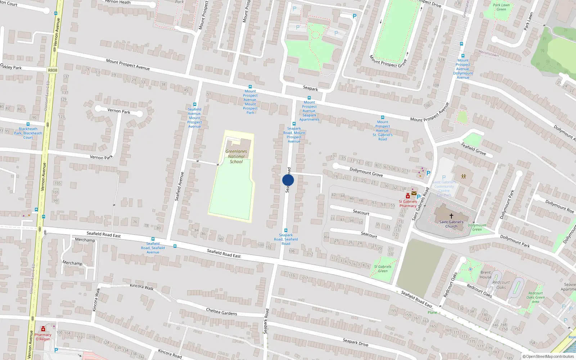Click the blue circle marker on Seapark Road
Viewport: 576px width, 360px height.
pyautogui.click(x=288, y=180)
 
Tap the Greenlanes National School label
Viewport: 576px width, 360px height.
pyautogui.click(x=236, y=157)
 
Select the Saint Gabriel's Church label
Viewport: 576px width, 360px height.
pyautogui.click(x=451, y=224)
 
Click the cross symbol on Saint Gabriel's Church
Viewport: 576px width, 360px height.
pyautogui.click(x=451, y=216)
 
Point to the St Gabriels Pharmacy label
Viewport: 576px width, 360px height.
pyautogui.click(x=408, y=204)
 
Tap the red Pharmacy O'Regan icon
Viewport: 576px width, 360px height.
pyautogui.click(x=43, y=329)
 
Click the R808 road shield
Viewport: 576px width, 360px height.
pyautogui.click(x=53, y=70)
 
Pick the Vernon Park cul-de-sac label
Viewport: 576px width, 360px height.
pyautogui.click(x=119, y=111)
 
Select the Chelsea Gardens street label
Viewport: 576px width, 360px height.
pyautogui.click(x=221, y=311)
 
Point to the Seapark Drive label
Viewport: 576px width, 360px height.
pyautogui.click(x=355, y=342)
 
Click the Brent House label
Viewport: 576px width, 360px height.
pyautogui.click(x=485, y=275)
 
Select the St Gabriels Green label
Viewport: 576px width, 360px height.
pyautogui.click(x=382, y=269)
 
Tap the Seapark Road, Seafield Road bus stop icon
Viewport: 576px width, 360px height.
pyautogui.click(x=286, y=230)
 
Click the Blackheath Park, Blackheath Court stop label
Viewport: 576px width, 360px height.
pyautogui.click(x=28, y=133)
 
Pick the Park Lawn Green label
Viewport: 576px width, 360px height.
pyautogui.click(x=501, y=7)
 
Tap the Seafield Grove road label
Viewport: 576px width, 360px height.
pyautogui.click(x=473, y=149)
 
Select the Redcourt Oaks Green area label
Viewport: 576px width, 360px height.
pyautogui.click(x=535, y=297)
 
